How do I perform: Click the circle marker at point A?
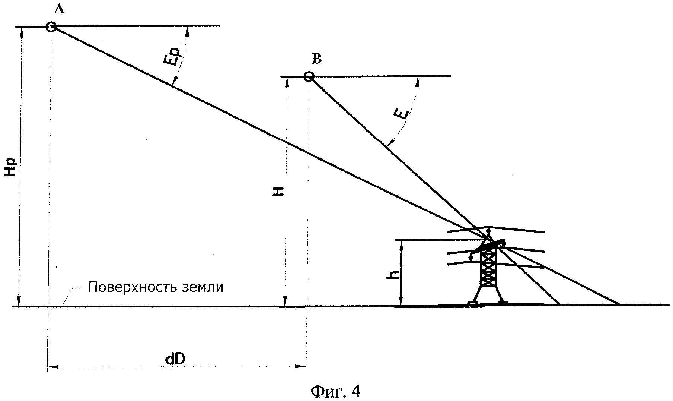coord(51,27)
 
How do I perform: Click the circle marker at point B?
coord(308,77)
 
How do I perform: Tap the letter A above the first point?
coord(59,9)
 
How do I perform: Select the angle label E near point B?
coord(401,115)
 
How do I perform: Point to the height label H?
coord(279,191)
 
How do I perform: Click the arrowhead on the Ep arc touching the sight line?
coord(175,81)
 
